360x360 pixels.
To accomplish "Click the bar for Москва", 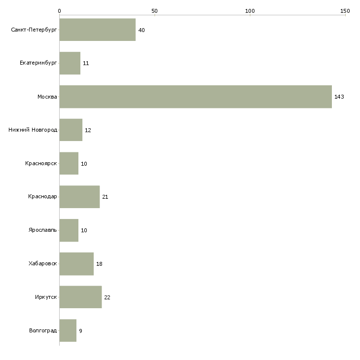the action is (x=196, y=97).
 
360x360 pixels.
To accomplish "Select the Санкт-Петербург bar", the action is (x=98, y=30).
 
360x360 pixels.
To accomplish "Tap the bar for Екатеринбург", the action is (x=70, y=63).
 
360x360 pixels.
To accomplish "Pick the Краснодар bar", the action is (x=80, y=197).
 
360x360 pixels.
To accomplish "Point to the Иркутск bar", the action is (x=80, y=297).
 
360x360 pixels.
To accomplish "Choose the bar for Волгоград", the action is (x=68, y=330).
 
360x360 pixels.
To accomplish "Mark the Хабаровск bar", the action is (x=76, y=264).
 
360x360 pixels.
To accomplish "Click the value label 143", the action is (x=339, y=97).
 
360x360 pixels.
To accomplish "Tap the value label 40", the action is (x=142, y=30).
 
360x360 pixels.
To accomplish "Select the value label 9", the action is (x=80, y=331).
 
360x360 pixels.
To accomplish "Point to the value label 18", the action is (x=99, y=264).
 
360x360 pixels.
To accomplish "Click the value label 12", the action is (x=88, y=130).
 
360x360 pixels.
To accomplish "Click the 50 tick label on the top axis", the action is (x=154, y=11).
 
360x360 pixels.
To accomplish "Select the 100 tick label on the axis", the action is (x=250, y=11).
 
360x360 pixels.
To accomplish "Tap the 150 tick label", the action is (x=345, y=11).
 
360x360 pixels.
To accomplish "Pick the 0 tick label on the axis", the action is (x=60, y=11).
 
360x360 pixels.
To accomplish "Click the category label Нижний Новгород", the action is (x=33, y=130).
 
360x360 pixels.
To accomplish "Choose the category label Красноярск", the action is (x=41, y=163).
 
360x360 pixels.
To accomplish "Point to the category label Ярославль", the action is (x=43, y=230).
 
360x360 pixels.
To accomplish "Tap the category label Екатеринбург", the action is (x=38, y=63).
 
